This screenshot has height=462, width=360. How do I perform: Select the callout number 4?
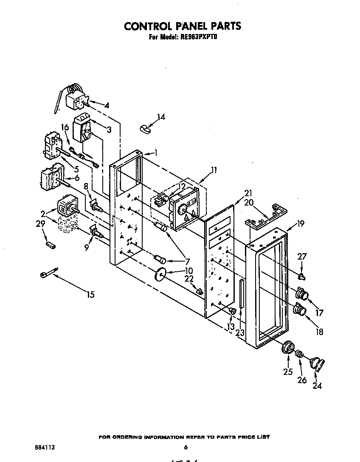pyautogui.click(x=107, y=105)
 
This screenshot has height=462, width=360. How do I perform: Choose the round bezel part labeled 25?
pyautogui.click(x=288, y=348)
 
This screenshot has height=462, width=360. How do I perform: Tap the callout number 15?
pyautogui.click(x=90, y=294)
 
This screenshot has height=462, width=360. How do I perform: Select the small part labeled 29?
pyautogui.click(x=50, y=245)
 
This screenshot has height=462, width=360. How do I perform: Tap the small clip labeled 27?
pyautogui.click(x=302, y=277)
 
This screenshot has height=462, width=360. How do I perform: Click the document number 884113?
pyautogui.click(x=45, y=447)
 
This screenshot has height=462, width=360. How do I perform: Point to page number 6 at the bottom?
pyautogui.click(x=186, y=447)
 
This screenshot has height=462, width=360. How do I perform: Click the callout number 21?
pyautogui.click(x=248, y=192)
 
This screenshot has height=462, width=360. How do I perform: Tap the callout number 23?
pyautogui.click(x=239, y=332)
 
